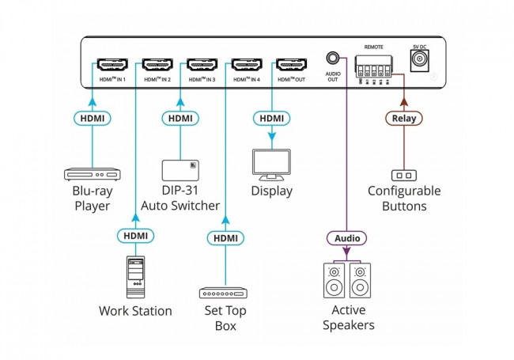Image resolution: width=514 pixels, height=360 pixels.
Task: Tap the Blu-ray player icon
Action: [92, 174]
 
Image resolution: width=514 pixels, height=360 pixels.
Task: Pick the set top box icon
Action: [225, 293]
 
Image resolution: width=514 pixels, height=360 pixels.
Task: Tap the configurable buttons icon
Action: [404, 174]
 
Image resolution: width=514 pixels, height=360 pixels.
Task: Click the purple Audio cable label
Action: [346, 238]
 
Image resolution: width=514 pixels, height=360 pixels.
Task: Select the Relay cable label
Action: [404, 119]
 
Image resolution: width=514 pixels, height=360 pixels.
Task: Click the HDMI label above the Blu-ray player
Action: [92, 119]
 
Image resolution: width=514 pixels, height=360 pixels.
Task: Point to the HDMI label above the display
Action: [271, 119]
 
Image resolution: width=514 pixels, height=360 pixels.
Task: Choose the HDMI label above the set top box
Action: [225, 238]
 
